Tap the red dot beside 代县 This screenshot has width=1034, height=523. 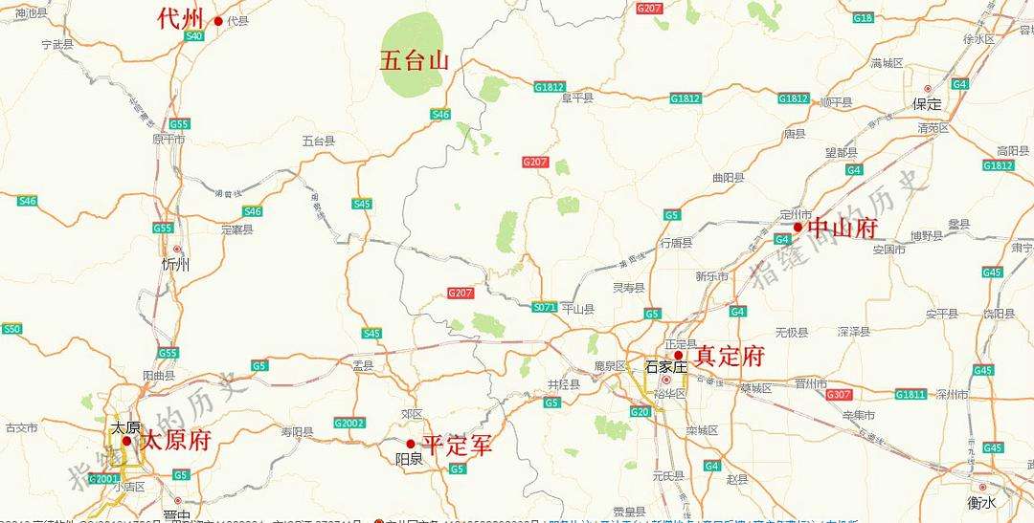click(218, 21)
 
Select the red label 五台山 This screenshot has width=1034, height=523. click(414, 61)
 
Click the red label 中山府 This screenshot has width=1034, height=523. click(843, 228)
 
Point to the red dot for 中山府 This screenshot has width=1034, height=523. click(798, 228)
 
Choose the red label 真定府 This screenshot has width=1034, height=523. click(730, 357)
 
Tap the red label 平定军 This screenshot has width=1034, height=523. click(458, 445)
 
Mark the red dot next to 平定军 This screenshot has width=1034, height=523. click(411, 444)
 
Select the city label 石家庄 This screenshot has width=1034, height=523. click(666, 366)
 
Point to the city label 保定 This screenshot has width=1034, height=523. click(927, 103)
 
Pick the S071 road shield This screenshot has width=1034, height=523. click(545, 307)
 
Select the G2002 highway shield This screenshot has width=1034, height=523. click(349, 423)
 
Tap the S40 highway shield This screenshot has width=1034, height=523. click(194, 36)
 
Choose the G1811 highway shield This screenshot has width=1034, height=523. click(910, 394)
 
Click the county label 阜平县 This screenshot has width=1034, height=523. click(577, 98)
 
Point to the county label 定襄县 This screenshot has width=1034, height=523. click(236, 229)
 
